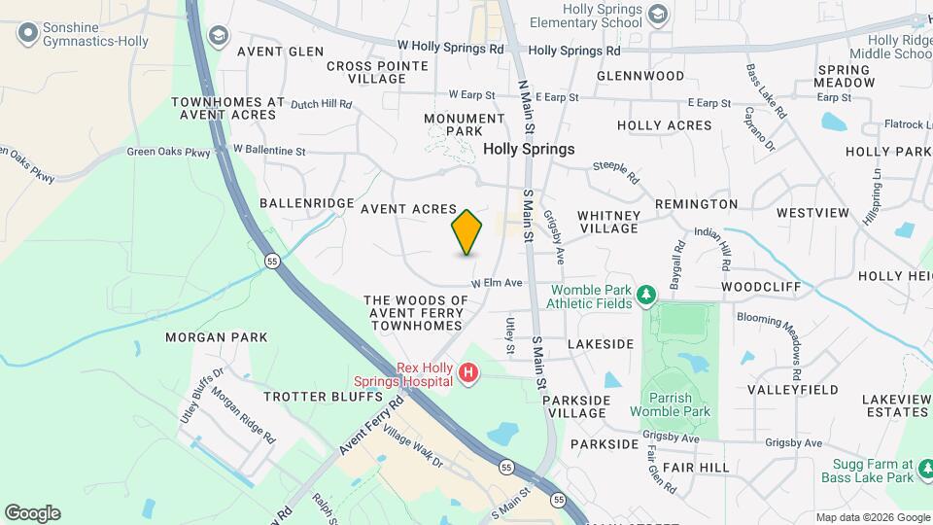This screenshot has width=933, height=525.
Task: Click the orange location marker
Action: pyautogui.click(x=466, y=231)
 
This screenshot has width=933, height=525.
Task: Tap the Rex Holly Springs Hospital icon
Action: pyautogui.click(x=469, y=373)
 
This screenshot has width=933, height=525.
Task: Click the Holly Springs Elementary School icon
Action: pyautogui.click(x=659, y=14)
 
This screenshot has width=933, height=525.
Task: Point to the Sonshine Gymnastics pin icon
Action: pyautogui.click(x=27, y=33)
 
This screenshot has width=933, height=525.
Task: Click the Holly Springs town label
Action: pyautogui.click(x=529, y=150)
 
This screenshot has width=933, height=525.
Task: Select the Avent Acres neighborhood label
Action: pyautogui.click(x=408, y=209)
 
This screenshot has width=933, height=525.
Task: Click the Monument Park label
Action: pyautogui.click(x=466, y=124)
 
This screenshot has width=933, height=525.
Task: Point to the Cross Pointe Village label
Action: pyautogui.click(x=377, y=72)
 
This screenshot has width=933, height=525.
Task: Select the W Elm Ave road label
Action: pyautogui.click(x=497, y=283)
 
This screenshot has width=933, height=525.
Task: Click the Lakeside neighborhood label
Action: pyautogui.click(x=601, y=344)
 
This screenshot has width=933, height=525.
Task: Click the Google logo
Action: pyautogui.click(x=32, y=513)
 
